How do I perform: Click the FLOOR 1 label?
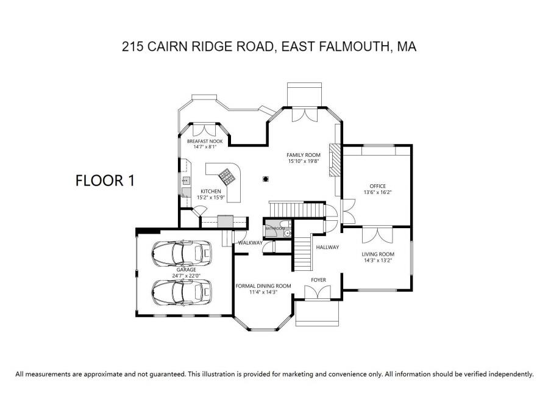[x=104, y=180]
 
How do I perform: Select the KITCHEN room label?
[x=210, y=191]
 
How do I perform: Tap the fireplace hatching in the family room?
[x=334, y=160]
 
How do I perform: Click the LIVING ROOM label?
[x=378, y=254]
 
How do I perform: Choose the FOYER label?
[x=318, y=280]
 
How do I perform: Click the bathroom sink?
[x=288, y=232]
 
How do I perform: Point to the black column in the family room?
[x=266, y=179]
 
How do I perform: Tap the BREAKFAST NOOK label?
[x=205, y=141]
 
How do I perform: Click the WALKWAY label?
[x=250, y=243]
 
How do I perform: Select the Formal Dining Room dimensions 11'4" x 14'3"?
[x=263, y=292]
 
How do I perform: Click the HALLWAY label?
[x=327, y=247]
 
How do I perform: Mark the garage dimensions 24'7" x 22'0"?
[x=186, y=276]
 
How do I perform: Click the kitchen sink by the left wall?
[x=185, y=181]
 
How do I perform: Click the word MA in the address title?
[x=407, y=47]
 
